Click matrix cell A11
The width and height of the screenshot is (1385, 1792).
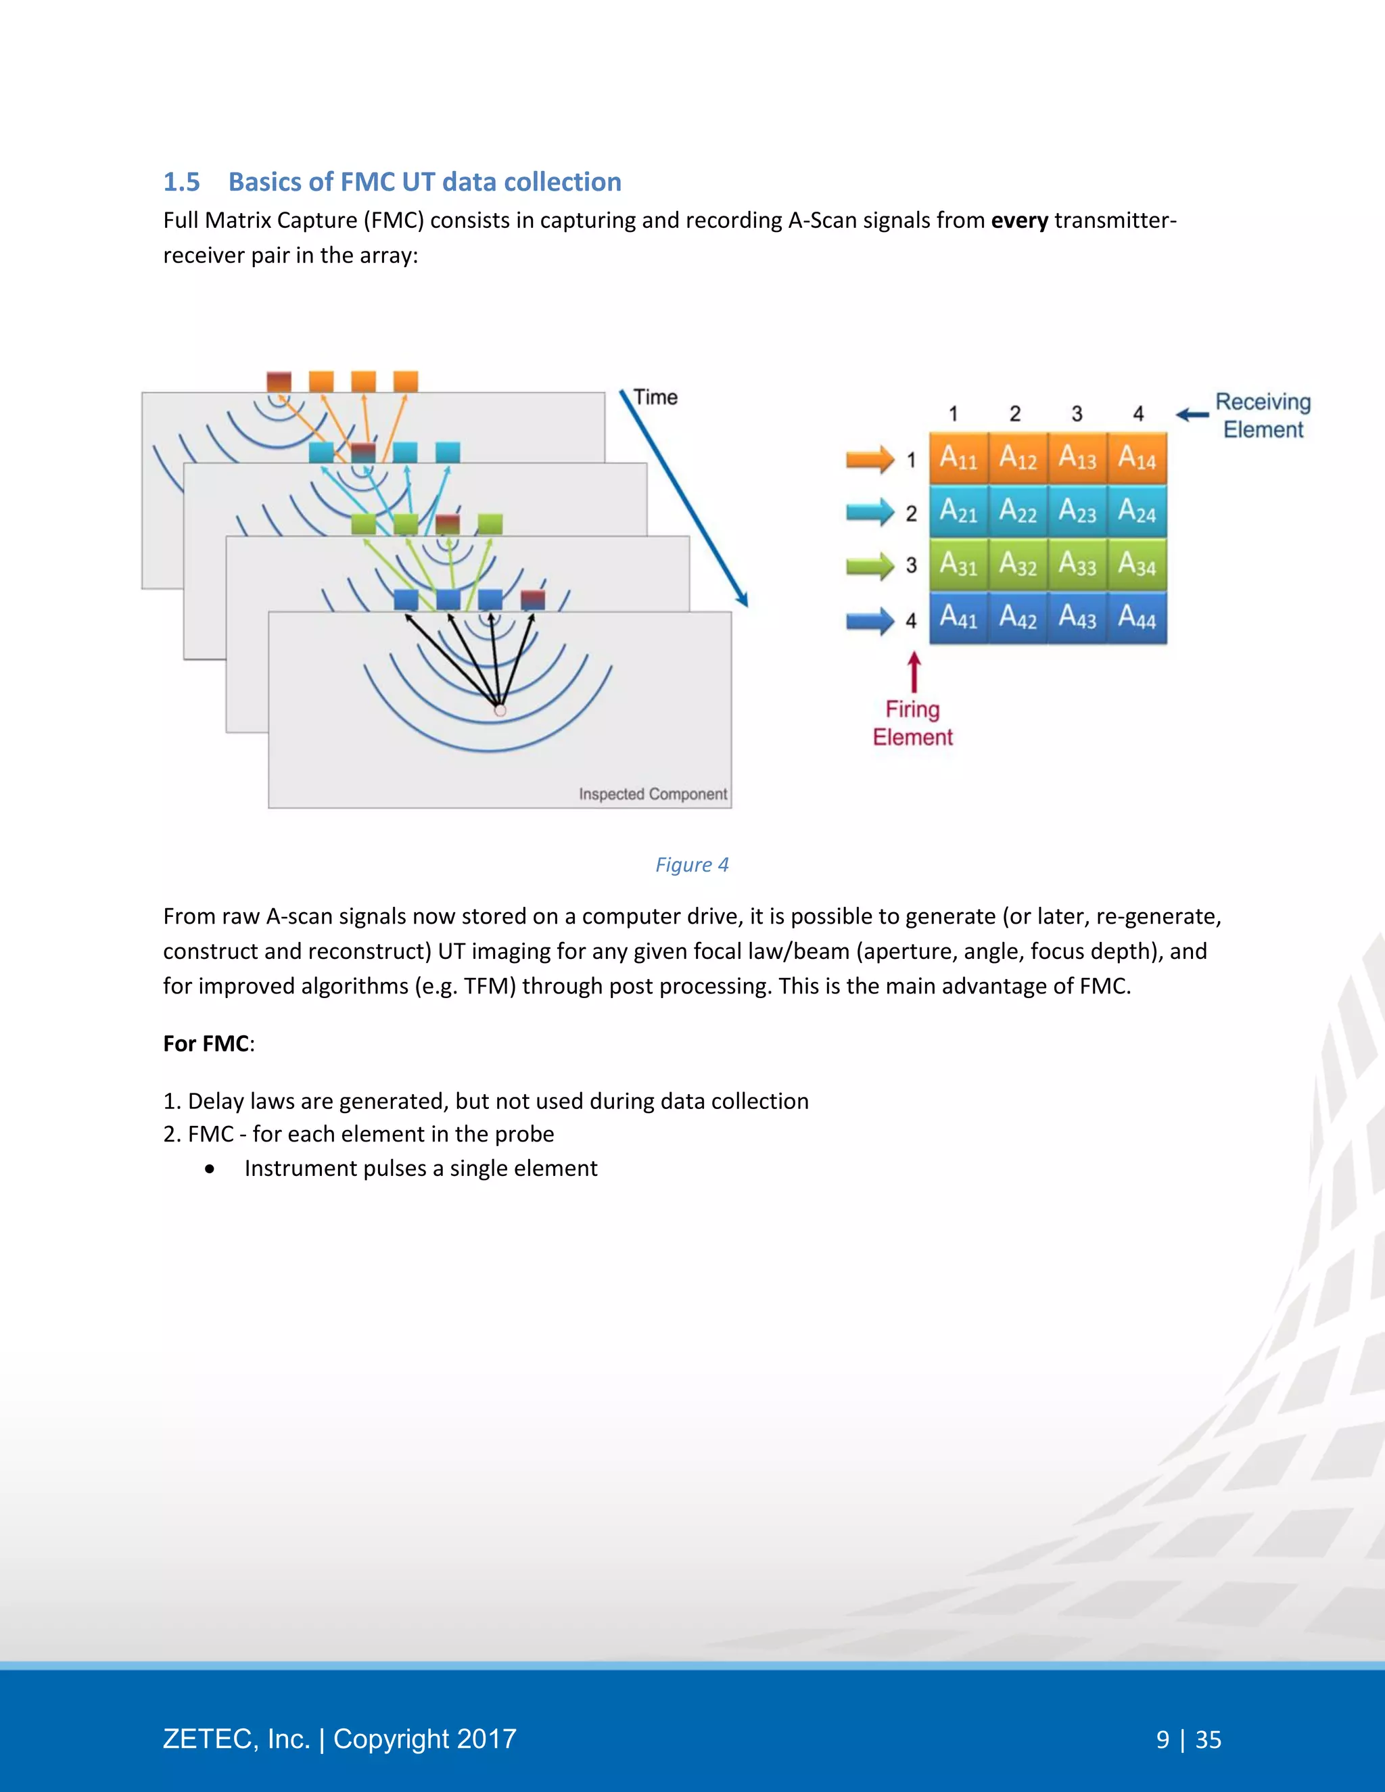[x=958, y=458]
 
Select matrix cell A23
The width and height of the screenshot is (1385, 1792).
[x=1077, y=511]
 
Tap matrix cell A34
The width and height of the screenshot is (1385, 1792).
[x=1137, y=564]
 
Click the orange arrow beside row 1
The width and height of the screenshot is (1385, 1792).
[x=870, y=458]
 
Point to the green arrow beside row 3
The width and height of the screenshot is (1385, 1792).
[x=870, y=565]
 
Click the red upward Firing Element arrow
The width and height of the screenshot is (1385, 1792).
[x=914, y=672]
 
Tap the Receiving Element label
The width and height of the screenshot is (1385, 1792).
[x=1263, y=415]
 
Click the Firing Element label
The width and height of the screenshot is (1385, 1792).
[x=912, y=723]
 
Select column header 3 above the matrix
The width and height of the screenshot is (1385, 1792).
[x=1077, y=414]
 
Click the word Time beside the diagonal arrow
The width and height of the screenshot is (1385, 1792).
[x=655, y=397]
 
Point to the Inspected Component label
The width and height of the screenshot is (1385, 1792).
[x=653, y=795]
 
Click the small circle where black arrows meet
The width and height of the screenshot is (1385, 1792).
[x=500, y=711]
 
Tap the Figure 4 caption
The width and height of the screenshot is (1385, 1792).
[x=692, y=865]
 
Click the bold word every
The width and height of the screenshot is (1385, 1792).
[x=1019, y=220]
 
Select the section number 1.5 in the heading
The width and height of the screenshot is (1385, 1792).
[x=181, y=182]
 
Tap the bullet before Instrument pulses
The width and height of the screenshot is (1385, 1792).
[x=211, y=1169]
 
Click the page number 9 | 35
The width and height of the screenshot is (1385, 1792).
[x=1188, y=1739]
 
